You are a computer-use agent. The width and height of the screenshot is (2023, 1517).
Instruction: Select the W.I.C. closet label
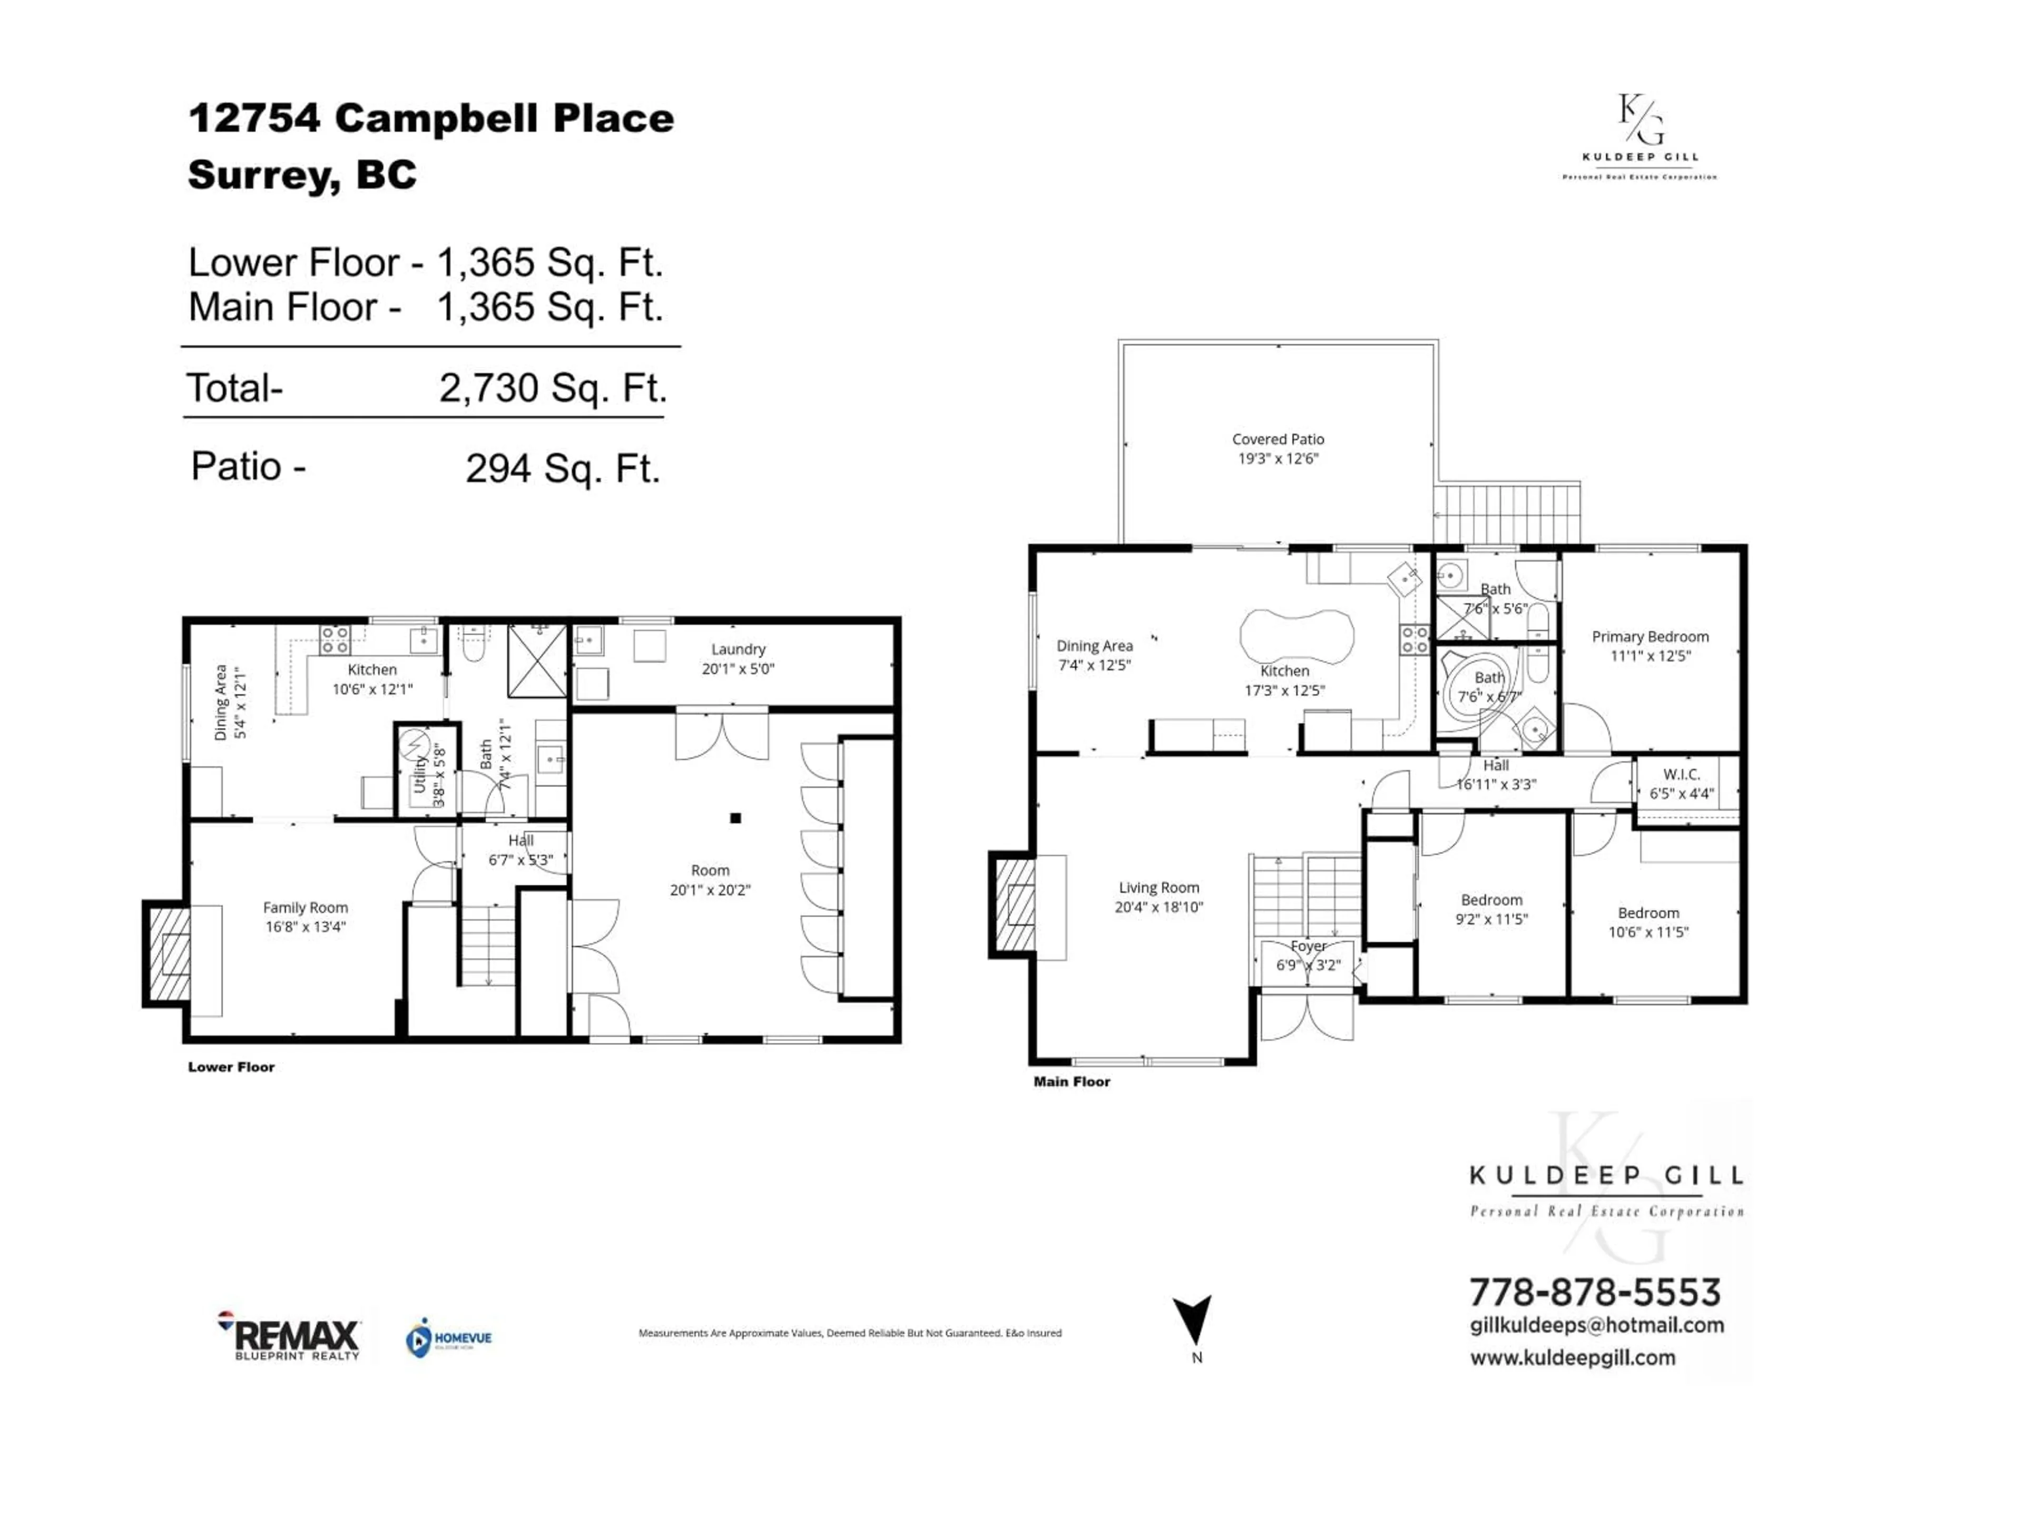(1681, 774)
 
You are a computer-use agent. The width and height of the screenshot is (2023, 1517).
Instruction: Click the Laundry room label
(738, 649)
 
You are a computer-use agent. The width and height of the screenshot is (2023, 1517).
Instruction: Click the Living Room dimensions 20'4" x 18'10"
(1158, 907)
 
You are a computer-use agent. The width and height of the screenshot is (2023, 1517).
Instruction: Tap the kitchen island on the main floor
(1296, 637)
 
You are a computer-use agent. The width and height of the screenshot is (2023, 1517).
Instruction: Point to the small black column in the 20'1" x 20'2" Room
(735, 819)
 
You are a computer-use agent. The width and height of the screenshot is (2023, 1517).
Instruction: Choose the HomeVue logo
(448, 1338)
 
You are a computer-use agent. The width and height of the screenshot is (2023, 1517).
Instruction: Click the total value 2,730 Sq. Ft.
(553, 388)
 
